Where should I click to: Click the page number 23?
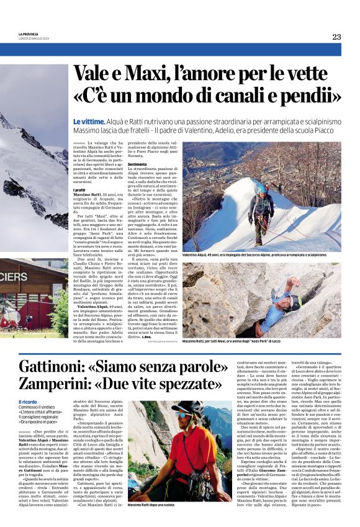point(336,37)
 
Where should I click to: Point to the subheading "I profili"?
point(79,190)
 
